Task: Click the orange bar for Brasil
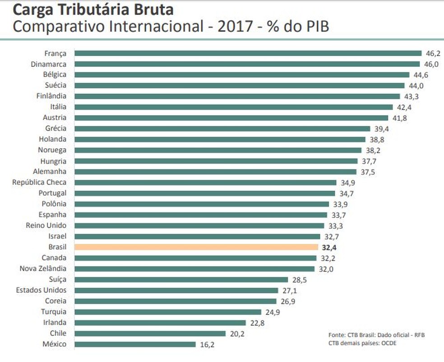tap(196, 247)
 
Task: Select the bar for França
tap(248, 53)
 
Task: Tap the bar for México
tap(135, 344)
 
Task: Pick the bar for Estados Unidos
tap(176, 290)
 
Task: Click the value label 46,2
tap(433, 53)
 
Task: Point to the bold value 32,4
tap(329, 248)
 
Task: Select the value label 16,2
tap(207, 345)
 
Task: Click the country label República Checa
tap(39, 183)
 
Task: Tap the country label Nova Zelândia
tap(43, 268)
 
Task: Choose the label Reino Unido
tap(46, 225)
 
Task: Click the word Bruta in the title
tap(153, 9)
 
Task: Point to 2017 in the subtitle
tap(235, 26)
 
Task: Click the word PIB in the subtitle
tap(317, 26)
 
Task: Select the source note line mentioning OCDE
tap(362, 343)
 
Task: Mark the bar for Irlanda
tap(160, 323)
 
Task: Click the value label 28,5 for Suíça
tap(300, 280)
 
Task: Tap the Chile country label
tap(58, 333)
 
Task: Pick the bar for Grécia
tap(222, 128)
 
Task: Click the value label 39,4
tap(382, 129)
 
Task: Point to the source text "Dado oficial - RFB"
tap(401, 335)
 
